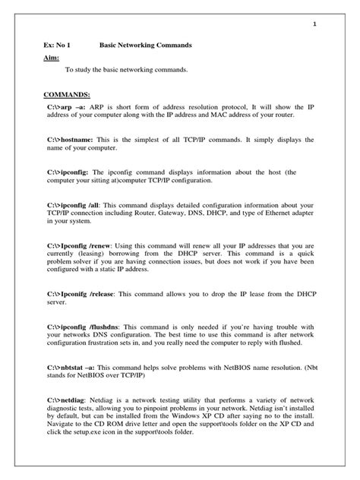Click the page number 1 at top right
[314, 25]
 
